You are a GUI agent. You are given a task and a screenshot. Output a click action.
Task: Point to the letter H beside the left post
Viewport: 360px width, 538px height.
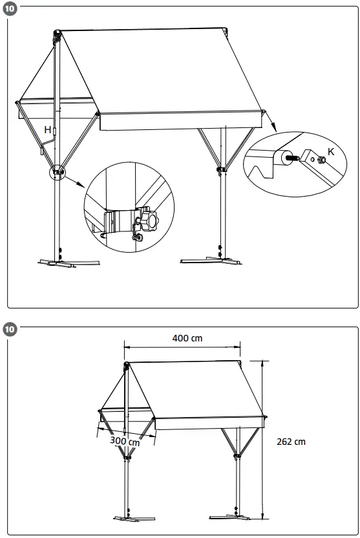tap(47, 130)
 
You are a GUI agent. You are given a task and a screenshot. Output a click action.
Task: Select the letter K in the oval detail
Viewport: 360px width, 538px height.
tap(331, 151)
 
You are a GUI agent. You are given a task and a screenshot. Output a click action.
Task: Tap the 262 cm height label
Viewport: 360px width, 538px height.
tap(290, 442)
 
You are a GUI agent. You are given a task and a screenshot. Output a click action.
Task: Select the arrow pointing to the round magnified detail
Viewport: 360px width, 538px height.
tap(76, 182)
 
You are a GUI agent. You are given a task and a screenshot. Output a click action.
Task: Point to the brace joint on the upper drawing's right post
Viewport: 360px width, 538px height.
tap(221, 169)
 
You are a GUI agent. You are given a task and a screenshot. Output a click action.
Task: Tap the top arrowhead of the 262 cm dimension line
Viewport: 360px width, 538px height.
tap(262, 361)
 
